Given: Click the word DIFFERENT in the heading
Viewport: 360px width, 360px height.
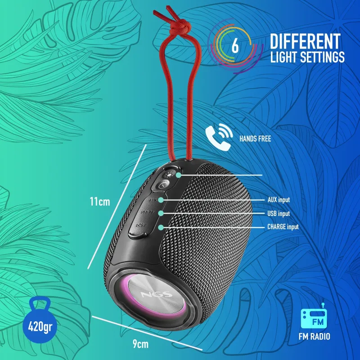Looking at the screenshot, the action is pyautogui.click(x=305, y=41).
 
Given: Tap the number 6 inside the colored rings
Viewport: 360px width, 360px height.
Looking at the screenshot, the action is pyautogui.click(x=235, y=45).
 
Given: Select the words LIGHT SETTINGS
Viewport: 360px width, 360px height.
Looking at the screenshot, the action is pyautogui.click(x=307, y=57).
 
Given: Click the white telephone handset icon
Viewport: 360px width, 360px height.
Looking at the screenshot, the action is pyautogui.click(x=219, y=137).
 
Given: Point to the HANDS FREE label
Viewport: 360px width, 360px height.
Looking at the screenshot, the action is pyautogui.click(x=255, y=139).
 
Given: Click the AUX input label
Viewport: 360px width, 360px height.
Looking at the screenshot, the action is pyautogui.click(x=279, y=200).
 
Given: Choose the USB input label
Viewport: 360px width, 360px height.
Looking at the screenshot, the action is pyautogui.click(x=279, y=213).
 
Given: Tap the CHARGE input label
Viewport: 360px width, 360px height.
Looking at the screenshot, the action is pyautogui.click(x=283, y=227).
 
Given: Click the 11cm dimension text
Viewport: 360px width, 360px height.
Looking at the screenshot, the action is pyautogui.click(x=100, y=202).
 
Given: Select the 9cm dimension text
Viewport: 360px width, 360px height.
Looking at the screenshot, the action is pyautogui.click(x=140, y=344).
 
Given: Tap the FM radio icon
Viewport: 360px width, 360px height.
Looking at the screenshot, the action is pyautogui.click(x=314, y=316).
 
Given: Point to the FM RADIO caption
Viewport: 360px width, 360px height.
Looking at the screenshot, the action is pyautogui.click(x=314, y=336).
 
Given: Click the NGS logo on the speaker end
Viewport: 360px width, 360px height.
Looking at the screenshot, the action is pyautogui.click(x=156, y=295).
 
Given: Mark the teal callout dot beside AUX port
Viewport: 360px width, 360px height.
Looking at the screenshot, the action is pyautogui.click(x=161, y=200).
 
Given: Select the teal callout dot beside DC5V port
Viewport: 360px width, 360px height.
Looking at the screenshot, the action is pyautogui.click(x=161, y=227).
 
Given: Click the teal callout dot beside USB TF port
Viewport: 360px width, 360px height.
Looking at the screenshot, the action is pyautogui.click(x=161, y=213).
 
